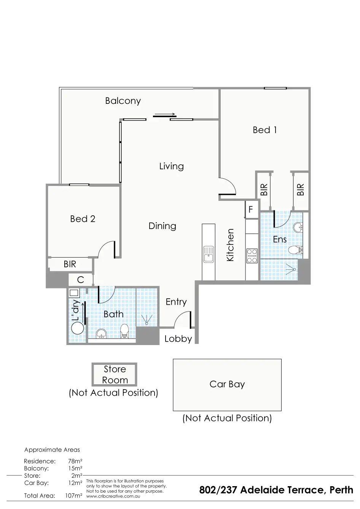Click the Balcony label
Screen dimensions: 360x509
[x=123, y=101]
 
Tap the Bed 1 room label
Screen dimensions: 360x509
[x=265, y=130]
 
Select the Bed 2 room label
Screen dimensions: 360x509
[x=83, y=219]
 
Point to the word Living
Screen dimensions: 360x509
[x=171, y=166]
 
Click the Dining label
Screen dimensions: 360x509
[x=162, y=226]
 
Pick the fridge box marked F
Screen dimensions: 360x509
[x=251, y=210]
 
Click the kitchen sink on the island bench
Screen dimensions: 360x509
[x=209, y=254]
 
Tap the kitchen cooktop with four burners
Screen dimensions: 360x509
[x=252, y=256]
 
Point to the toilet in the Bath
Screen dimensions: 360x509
[x=124, y=331]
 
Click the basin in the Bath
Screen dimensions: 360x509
[x=101, y=334]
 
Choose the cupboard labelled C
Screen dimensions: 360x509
[x=81, y=280]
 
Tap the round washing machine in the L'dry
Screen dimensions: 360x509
[x=77, y=328]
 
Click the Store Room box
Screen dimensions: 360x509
[x=115, y=375]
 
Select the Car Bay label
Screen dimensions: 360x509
[x=227, y=384]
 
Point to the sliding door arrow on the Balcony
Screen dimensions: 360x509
[x=164, y=114]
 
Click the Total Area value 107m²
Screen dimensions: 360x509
[x=74, y=496]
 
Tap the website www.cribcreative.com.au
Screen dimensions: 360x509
[x=113, y=496]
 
